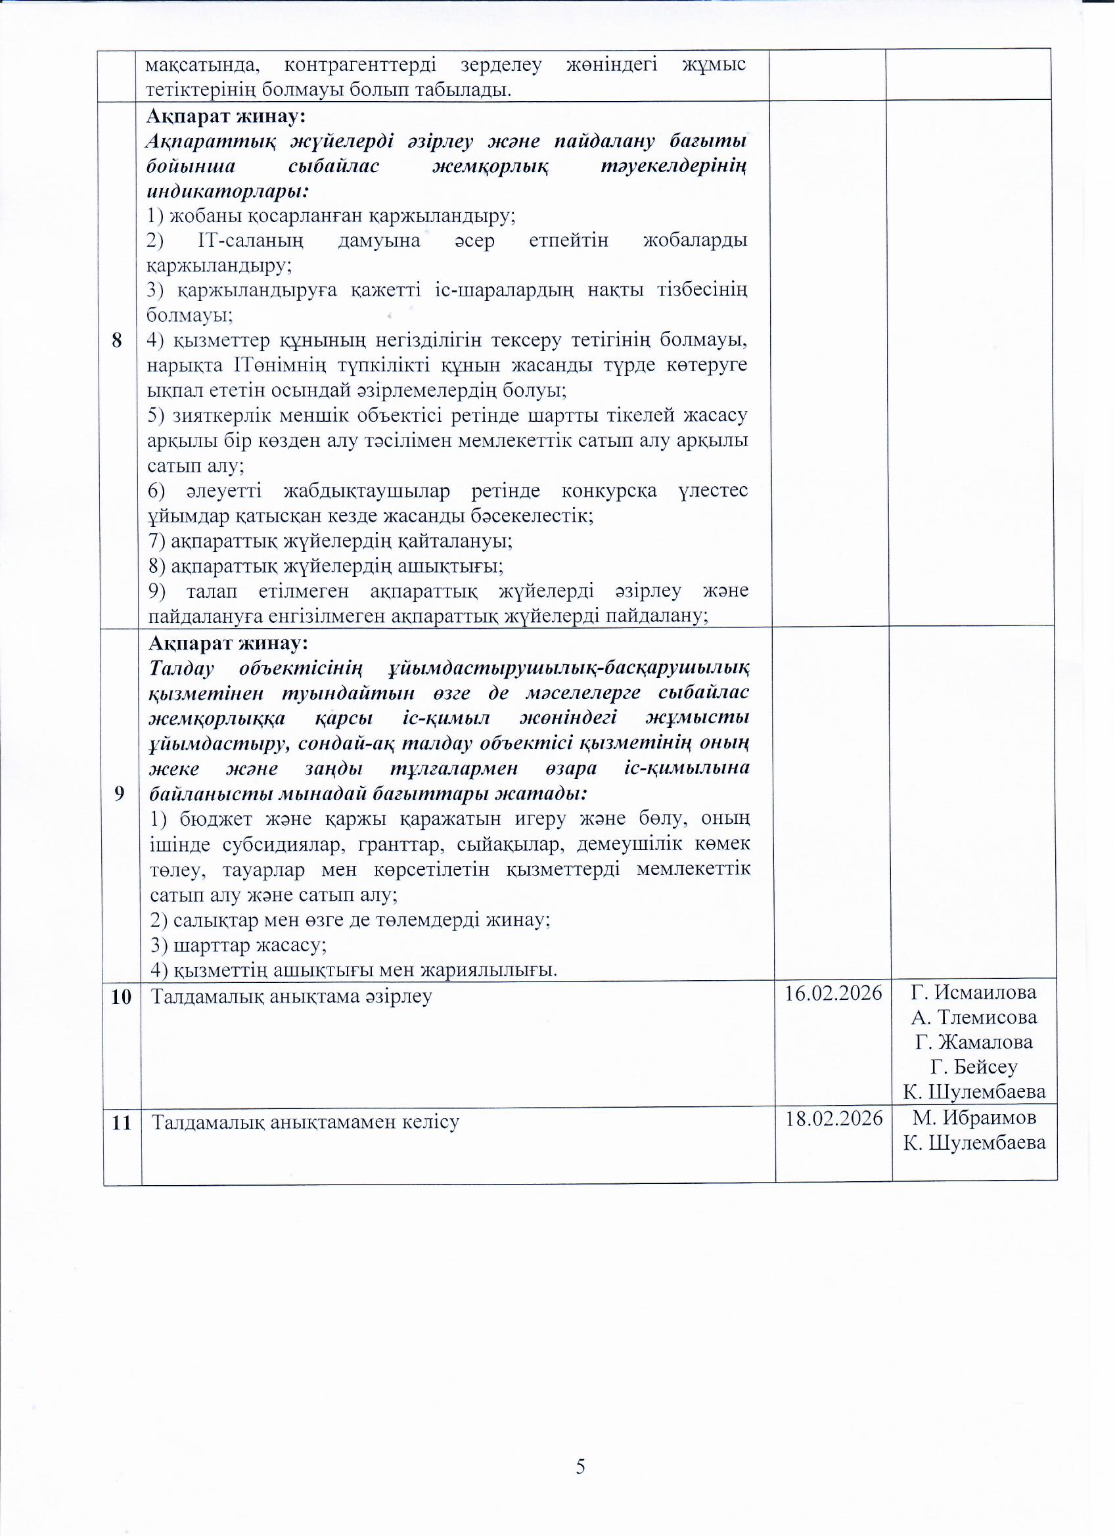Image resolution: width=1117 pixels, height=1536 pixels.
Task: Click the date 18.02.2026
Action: click(834, 1119)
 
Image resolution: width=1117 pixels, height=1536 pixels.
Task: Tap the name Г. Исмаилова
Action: click(973, 993)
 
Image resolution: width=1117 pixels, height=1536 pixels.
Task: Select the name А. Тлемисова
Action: click(974, 1018)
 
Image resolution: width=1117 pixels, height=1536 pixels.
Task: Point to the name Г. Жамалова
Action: click(974, 1042)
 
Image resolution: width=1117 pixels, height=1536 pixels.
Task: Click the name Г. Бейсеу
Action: click(974, 1068)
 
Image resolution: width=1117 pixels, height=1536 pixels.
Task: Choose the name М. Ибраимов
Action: click(974, 1118)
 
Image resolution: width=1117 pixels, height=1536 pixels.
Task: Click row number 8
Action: click(118, 341)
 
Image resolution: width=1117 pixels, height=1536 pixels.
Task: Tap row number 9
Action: click(119, 794)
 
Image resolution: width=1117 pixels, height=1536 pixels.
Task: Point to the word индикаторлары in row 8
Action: click(227, 191)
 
